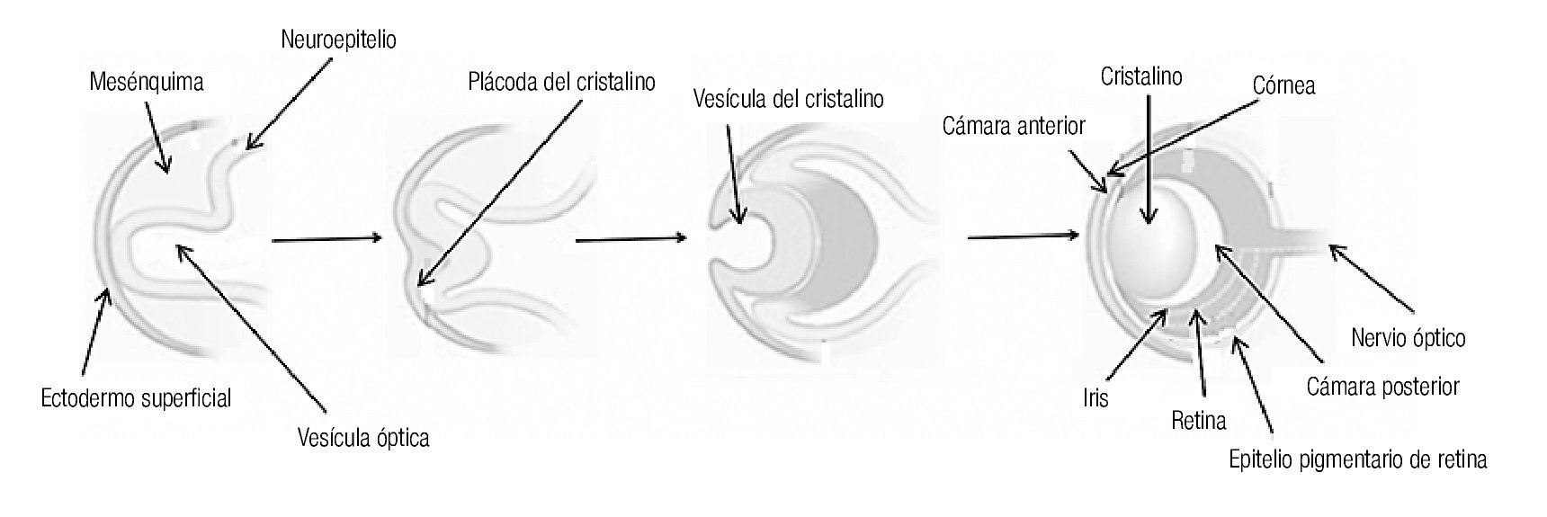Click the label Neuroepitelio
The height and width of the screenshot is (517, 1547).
pyautogui.click(x=338, y=40)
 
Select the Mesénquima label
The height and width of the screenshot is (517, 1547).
pyautogui.click(x=147, y=82)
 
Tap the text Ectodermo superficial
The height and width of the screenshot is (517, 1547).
pyautogui.click(x=136, y=398)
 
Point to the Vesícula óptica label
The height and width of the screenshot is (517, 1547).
pyautogui.click(x=363, y=438)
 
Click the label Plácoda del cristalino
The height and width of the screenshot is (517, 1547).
pyautogui.click(x=561, y=82)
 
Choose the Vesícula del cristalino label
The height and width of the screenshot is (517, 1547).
pyautogui.click(x=788, y=97)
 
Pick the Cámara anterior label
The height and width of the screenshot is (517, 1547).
pyautogui.click(x=1014, y=126)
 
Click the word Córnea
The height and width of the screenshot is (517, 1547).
pyautogui.click(x=1283, y=85)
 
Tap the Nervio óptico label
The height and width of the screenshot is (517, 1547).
pyautogui.click(x=1408, y=338)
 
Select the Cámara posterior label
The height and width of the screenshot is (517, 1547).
pyautogui.click(x=1382, y=387)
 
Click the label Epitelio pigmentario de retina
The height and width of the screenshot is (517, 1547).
pyautogui.click(x=1357, y=459)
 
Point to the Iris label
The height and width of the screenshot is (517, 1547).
pyautogui.click(x=1095, y=397)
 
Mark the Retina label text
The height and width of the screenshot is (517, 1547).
pyautogui.click(x=1199, y=419)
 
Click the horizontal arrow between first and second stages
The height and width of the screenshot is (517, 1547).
pyautogui.click(x=326, y=239)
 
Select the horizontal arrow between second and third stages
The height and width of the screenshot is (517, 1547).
pyautogui.click(x=630, y=239)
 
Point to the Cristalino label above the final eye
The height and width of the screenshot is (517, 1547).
pyautogui.click(x=1140, y=77)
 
